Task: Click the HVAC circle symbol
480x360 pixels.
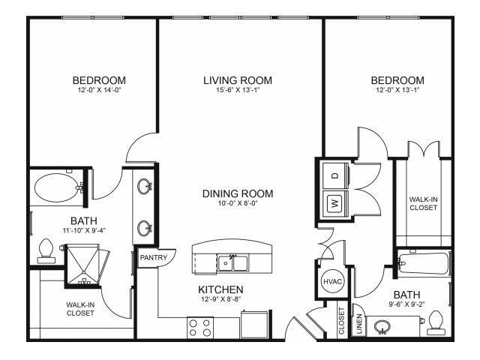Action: tap(332, 281)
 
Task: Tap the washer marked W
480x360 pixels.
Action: tap(335, 204)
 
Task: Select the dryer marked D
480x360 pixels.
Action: tap(335, 176)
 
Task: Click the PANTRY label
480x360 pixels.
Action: tap(153, 258)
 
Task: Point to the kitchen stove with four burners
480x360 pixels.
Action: tap(200, 328)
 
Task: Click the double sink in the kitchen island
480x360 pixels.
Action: tap(232, 263)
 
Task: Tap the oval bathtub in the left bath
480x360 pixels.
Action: tap(57, 187)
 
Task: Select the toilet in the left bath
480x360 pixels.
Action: tap(46, 251)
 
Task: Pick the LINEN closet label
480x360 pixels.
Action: tap(359, 323)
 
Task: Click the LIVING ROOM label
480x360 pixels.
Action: tap(238, 80)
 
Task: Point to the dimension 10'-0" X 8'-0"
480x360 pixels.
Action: tap(238, 202)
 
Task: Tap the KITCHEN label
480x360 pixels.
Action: tap(220, 289)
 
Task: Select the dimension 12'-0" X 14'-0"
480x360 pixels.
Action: tap(100, 90)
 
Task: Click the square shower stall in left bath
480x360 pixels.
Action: tap(82, 264)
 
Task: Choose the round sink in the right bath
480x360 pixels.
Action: tap(382, 327)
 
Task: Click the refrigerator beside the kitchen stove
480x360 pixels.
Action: tap(254, 325)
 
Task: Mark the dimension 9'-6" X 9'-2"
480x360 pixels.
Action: tap(406, 304)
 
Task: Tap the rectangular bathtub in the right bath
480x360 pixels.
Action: tap(424, 263)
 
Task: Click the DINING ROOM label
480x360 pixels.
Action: tap(238, 193)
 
